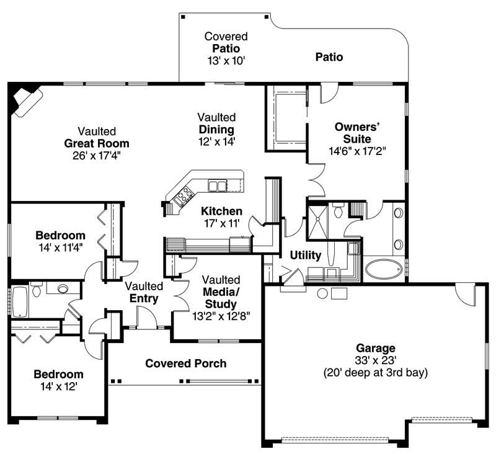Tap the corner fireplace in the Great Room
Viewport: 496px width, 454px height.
26,99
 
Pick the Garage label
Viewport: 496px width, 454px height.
375,348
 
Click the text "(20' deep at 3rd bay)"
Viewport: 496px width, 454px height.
375,373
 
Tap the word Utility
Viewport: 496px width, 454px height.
306,255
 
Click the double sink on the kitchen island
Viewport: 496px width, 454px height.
217,185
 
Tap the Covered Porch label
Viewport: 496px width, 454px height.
185,363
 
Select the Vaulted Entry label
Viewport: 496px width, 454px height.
144,292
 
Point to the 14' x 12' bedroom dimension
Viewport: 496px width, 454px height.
58,386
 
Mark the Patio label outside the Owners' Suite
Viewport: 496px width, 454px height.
329,57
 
